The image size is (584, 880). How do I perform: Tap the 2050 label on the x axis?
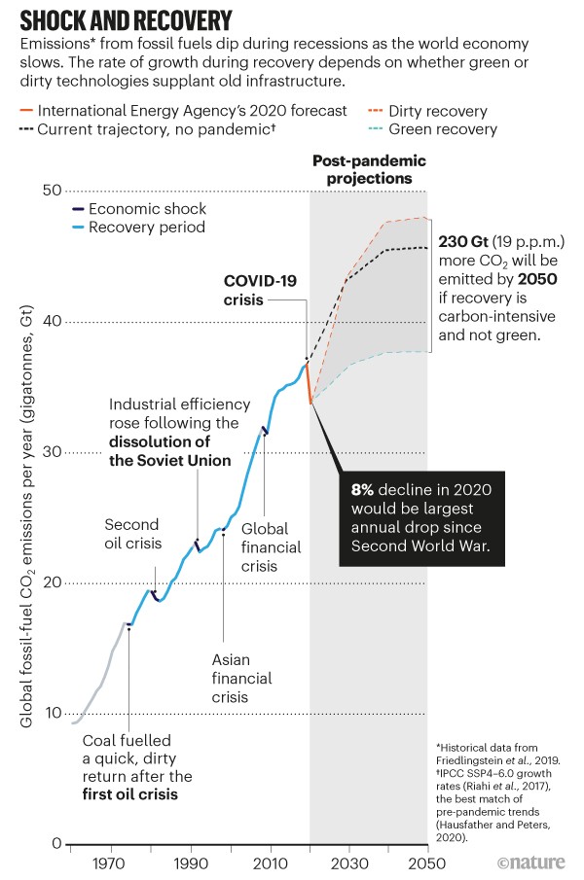pos(425,863)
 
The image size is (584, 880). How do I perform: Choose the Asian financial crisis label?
pos(241,678)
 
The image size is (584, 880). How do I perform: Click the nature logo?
pos(533,862)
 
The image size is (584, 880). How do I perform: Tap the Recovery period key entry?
pos(147,228)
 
